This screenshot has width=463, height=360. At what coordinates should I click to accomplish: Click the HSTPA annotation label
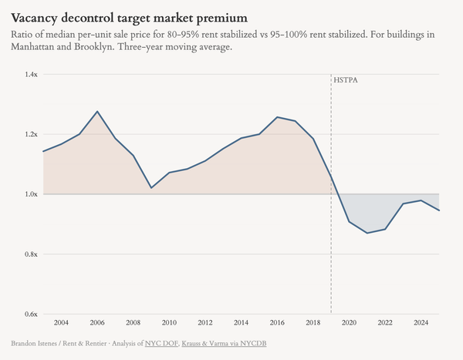point(346,79)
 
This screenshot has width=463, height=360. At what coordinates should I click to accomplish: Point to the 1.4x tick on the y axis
point(31,74)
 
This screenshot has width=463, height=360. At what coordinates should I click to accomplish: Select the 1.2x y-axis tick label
point(31,134)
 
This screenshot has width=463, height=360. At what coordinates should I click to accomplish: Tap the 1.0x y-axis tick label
point(31,194)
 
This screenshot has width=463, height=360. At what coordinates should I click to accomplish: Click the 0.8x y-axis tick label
point(31,254)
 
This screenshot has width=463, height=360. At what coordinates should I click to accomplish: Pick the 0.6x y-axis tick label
point(31,314)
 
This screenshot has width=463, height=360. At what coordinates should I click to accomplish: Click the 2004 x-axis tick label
point(61,322)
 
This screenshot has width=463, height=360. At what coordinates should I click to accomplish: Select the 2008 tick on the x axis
point(133,322)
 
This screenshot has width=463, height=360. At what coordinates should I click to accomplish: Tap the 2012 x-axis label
point(205,322)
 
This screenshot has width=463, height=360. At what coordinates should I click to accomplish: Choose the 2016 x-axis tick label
point(277,322)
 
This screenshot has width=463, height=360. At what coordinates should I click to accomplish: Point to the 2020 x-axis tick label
point(349,322)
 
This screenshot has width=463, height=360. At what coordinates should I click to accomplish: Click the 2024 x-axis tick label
point(421,322)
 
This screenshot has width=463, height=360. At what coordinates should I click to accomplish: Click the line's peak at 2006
point(97,112)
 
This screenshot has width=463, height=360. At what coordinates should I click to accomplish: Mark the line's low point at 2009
point(151,188)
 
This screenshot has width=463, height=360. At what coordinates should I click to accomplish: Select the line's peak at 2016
point(277,117)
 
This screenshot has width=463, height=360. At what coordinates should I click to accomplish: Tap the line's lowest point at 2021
point(367,233)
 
